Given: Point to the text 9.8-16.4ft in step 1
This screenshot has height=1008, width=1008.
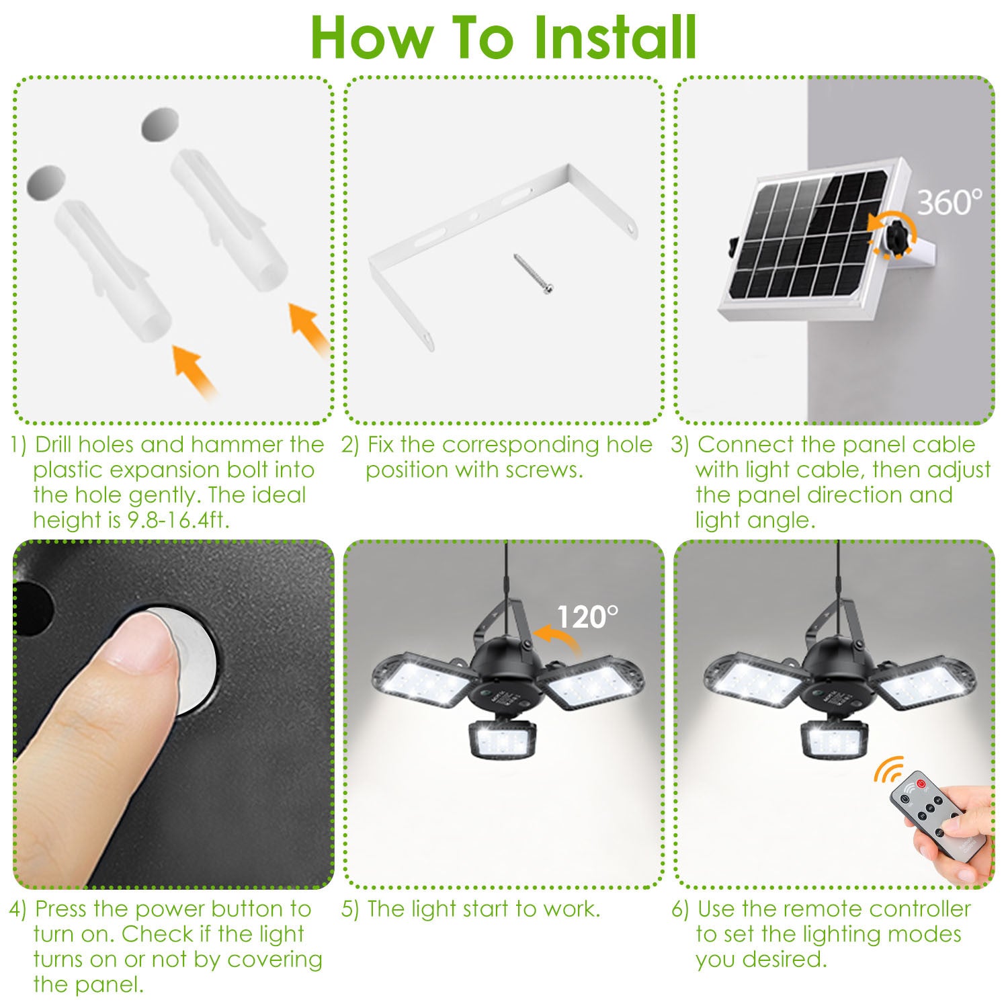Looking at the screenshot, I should point(178,520).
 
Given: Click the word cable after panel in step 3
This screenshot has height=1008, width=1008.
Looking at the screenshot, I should point(944,445).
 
